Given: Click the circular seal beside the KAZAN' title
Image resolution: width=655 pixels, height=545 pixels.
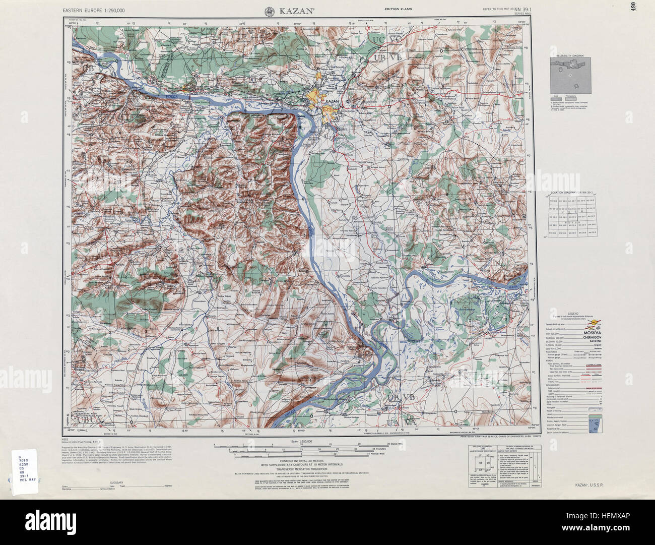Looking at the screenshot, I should point(270,11).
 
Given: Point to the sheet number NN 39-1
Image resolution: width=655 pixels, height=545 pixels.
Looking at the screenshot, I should point(525,10).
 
